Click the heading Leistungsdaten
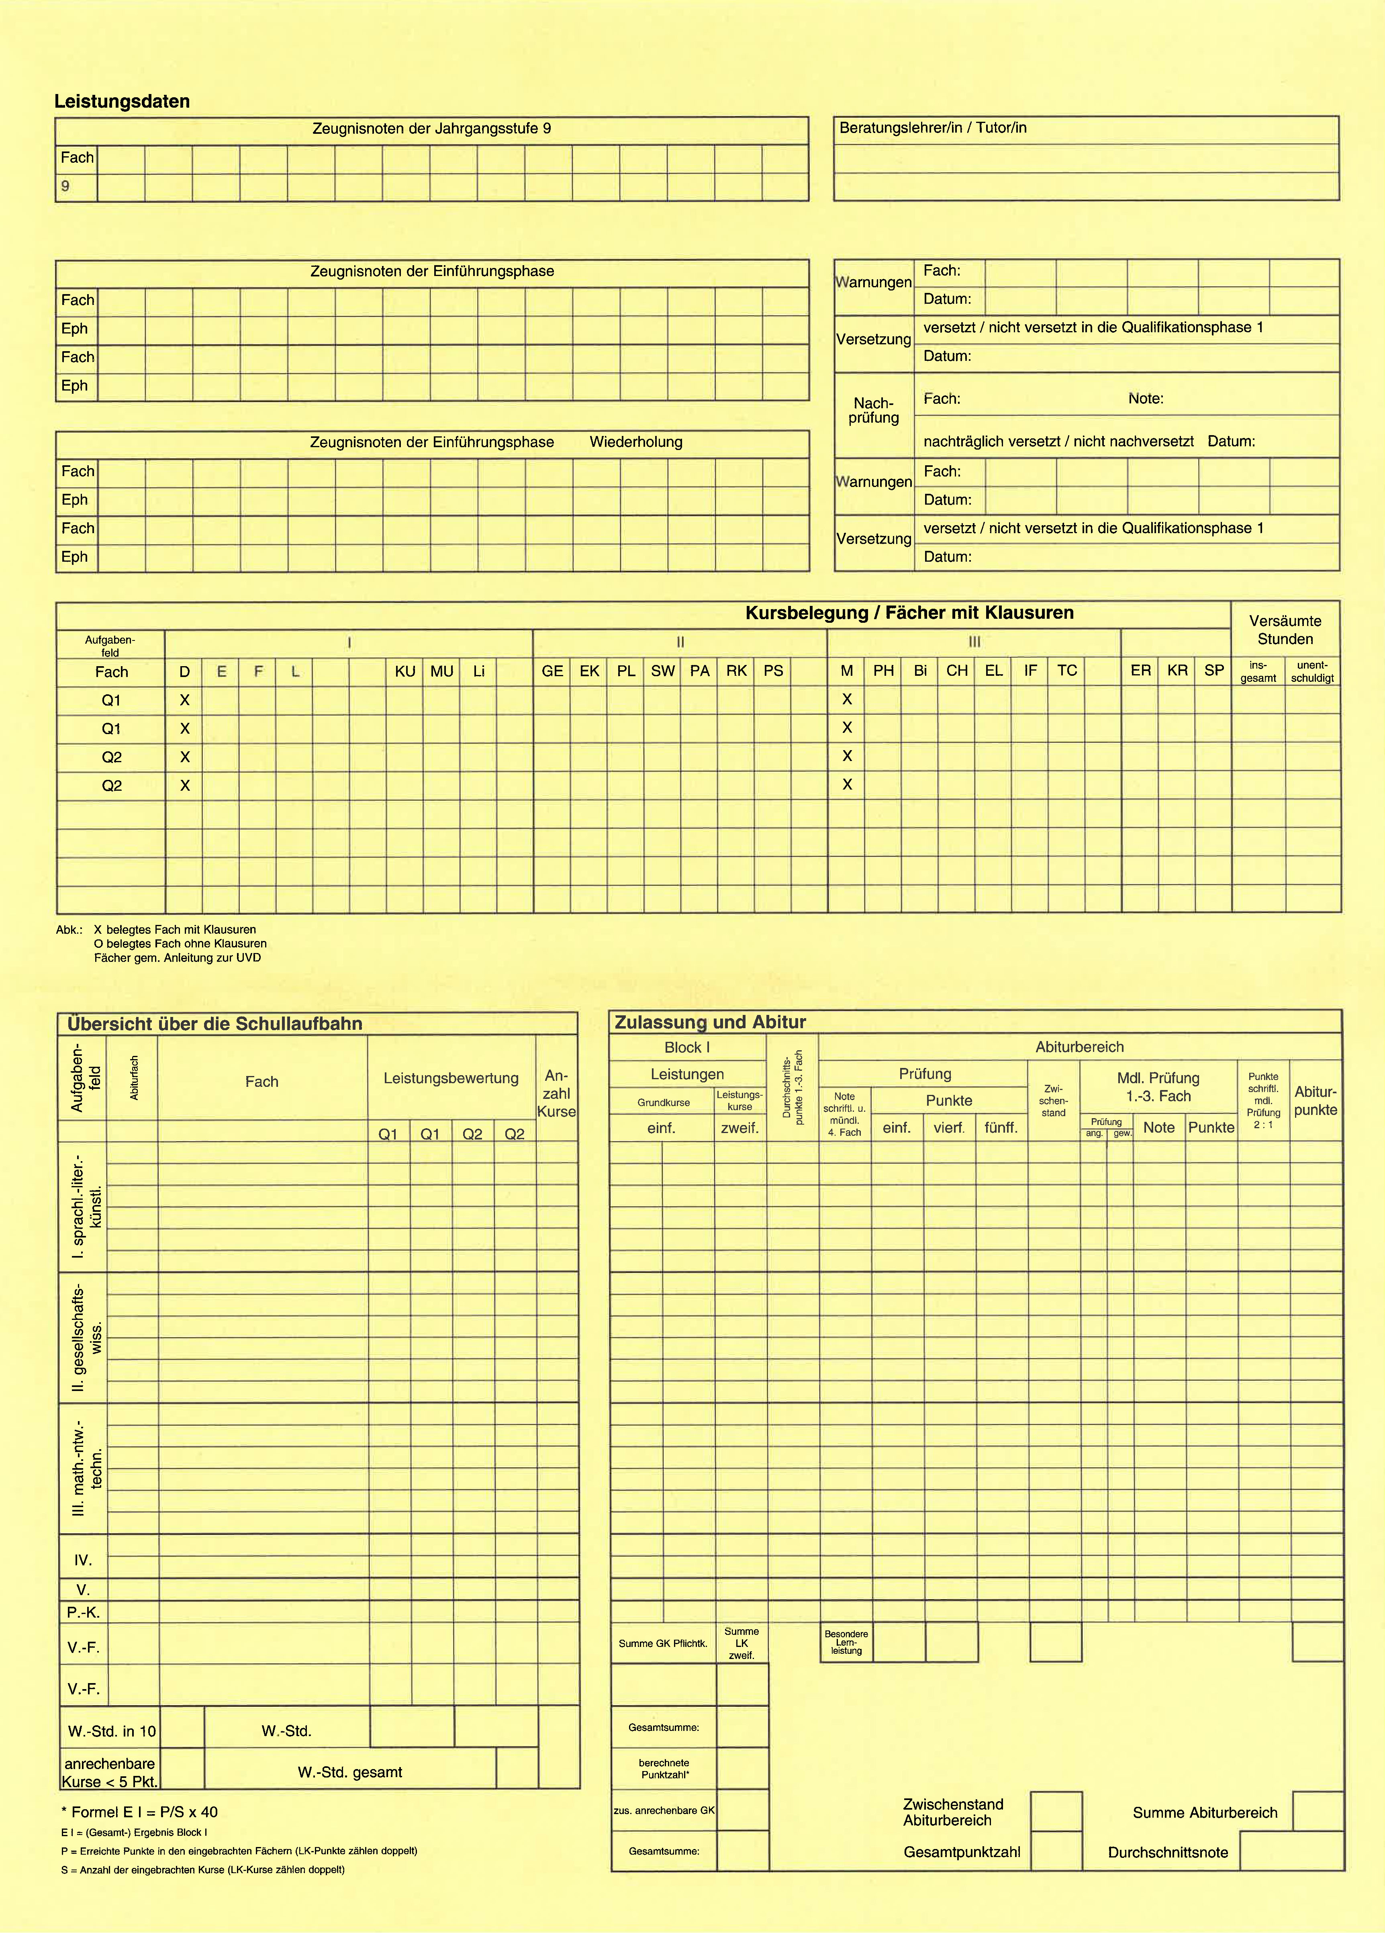[122, 101]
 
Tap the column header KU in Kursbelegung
[405, 672]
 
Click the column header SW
[662, 672]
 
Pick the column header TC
[1067, 671]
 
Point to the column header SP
[1214, 671]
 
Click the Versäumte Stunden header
[1285, 630]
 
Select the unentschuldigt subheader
[1312, 672]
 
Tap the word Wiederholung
[636, 442]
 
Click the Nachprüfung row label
[874, 411]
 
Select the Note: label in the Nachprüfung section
[1146, 399]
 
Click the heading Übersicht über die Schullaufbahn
[215, 1024]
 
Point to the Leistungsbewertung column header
[451, 1078]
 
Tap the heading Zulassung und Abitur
[710, 1022]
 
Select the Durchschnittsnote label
[1168, 1852]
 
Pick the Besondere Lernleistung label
[846, 1643]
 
